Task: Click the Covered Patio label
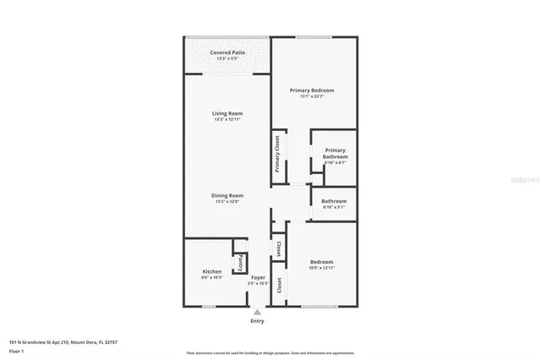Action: (227, 53)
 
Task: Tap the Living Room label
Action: (227, 113)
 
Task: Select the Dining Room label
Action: (227, 195)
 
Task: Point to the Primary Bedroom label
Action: (312, 90)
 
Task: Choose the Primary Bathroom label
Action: (335, 153)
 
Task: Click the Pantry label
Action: (240, 262)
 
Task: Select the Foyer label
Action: (258, 277)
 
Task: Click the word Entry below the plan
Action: (258, 321)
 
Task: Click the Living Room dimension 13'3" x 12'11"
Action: (227, 119)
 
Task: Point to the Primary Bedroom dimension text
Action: (312, 96)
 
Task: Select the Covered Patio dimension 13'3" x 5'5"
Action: (227, 59)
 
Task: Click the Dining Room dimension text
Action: (227, 201)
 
